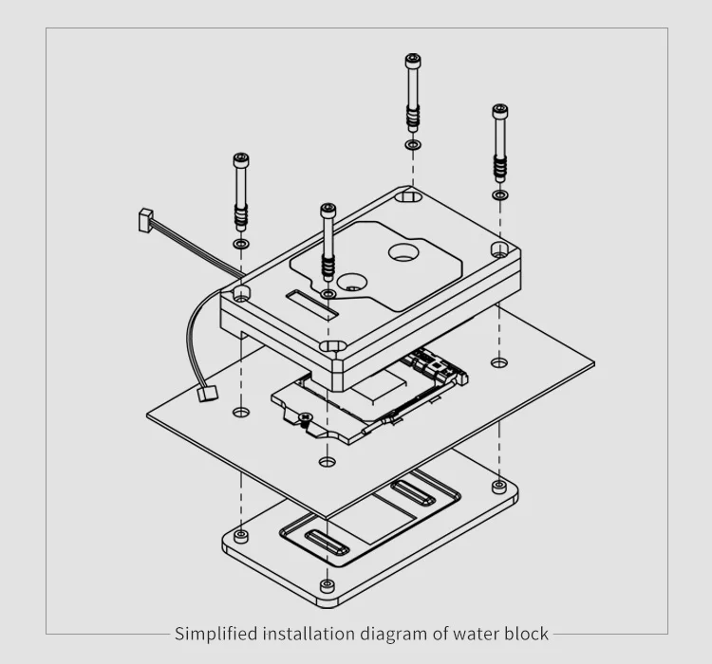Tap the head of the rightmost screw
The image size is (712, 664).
[x=499, y=112]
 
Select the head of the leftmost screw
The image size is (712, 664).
[x=240, y=160]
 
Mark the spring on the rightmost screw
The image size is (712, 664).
[x=499, y=169]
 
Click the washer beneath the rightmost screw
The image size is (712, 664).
[x=499, y=194]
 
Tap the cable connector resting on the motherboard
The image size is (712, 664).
[x=204, y=393]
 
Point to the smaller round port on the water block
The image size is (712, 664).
[x=352, y=283]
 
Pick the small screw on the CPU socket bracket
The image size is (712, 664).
[x=304, y=418]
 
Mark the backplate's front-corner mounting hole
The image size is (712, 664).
[x=328, y=584]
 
